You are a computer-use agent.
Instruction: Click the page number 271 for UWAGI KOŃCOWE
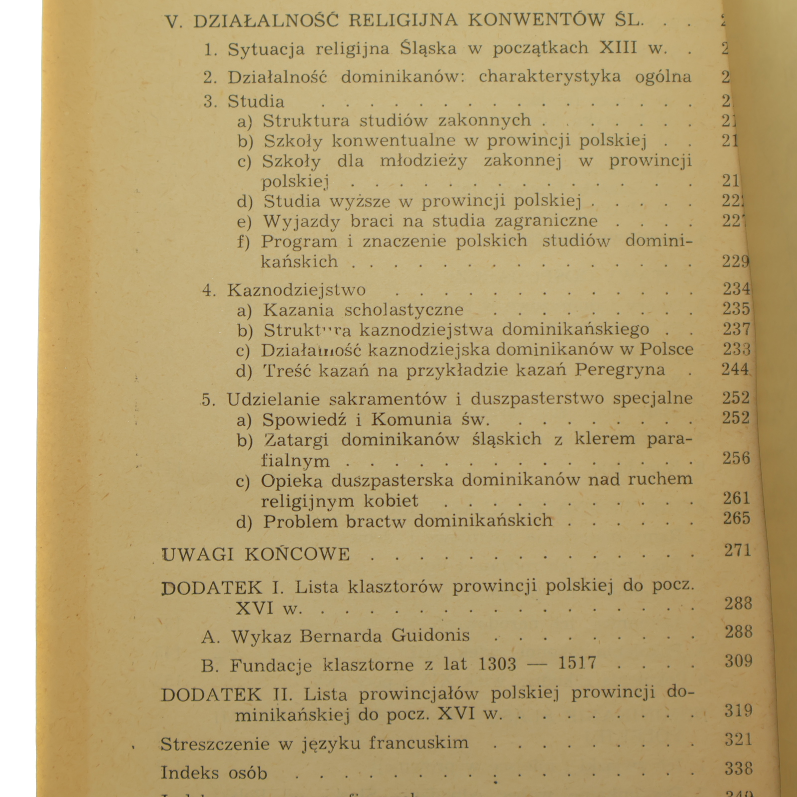pos(737,551)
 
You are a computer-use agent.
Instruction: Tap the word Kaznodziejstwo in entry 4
pos(296,290)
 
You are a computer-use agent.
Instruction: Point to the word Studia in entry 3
pos(256,102)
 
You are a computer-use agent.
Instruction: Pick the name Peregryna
pos(620,370)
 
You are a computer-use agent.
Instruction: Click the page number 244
pos(735,370)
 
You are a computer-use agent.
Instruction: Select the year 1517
pos(577,664)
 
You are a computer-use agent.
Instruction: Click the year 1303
pos(497,664)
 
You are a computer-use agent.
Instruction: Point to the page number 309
pos(738,662)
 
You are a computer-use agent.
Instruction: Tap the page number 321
pos(738,740)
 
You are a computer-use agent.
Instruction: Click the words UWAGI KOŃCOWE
pos(257,554)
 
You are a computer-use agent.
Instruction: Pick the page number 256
pos(736,459)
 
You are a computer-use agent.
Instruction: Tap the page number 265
pos(736,519)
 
